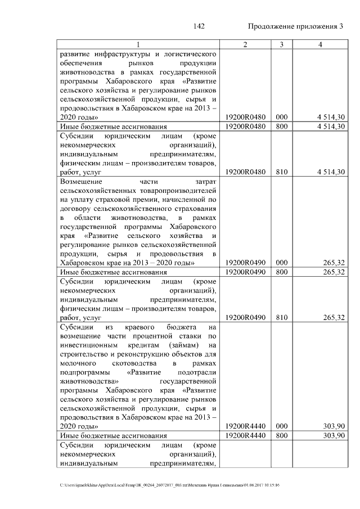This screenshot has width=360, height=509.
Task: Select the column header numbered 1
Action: coord(139,45)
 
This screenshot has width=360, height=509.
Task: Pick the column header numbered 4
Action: coord(319,45)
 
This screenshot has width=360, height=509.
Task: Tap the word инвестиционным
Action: coord(87,344)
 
